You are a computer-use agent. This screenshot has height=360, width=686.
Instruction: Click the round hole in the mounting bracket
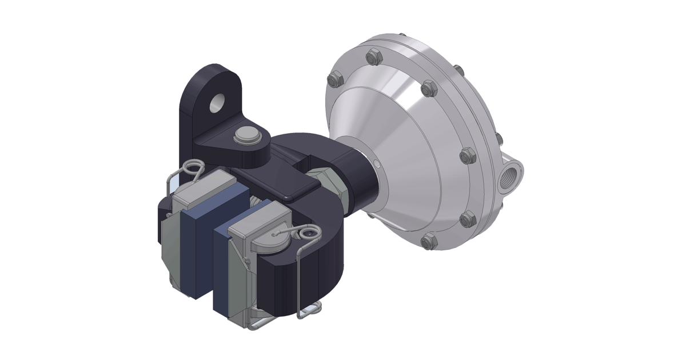(218, 103)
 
